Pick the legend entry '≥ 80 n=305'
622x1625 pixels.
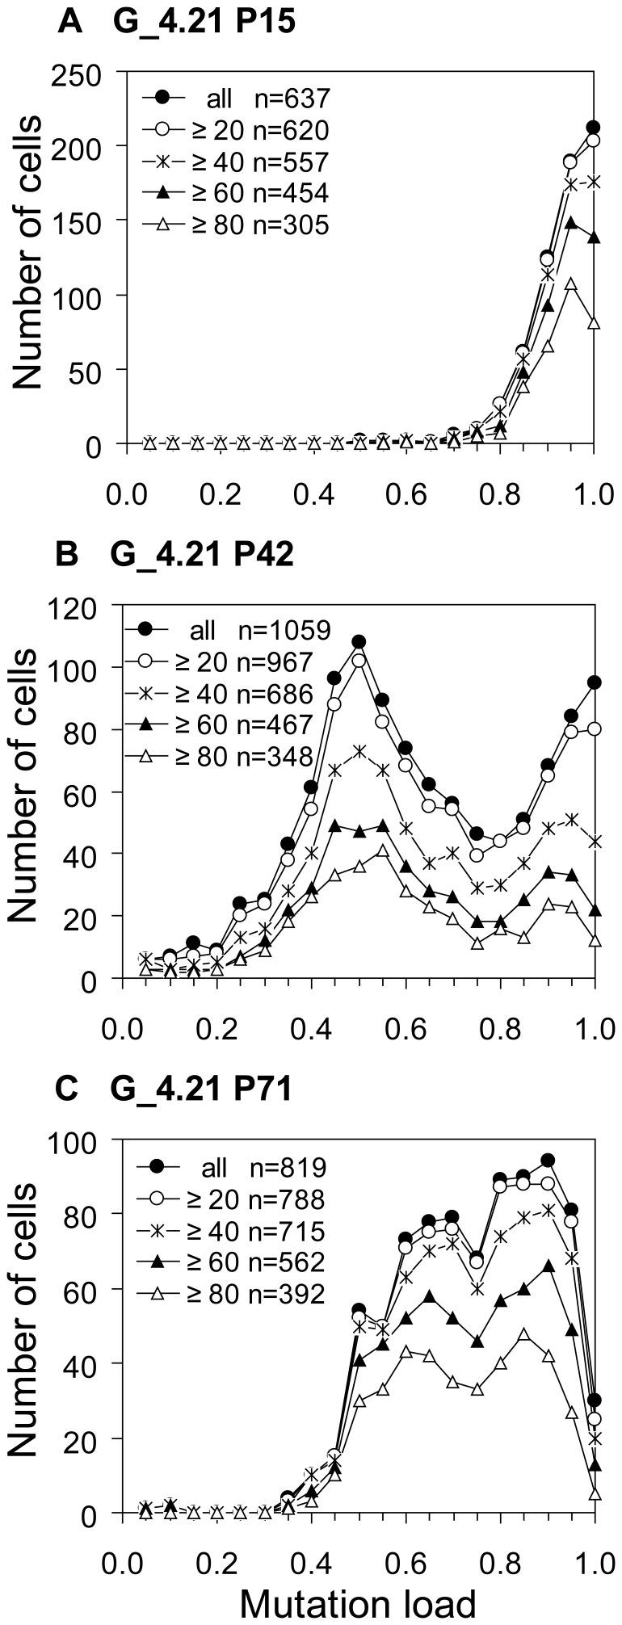(235, 225)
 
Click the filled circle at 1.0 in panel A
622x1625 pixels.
(594, 128)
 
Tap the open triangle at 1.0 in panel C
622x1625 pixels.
(595, 1494)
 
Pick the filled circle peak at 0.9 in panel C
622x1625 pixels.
(548, 1160)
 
